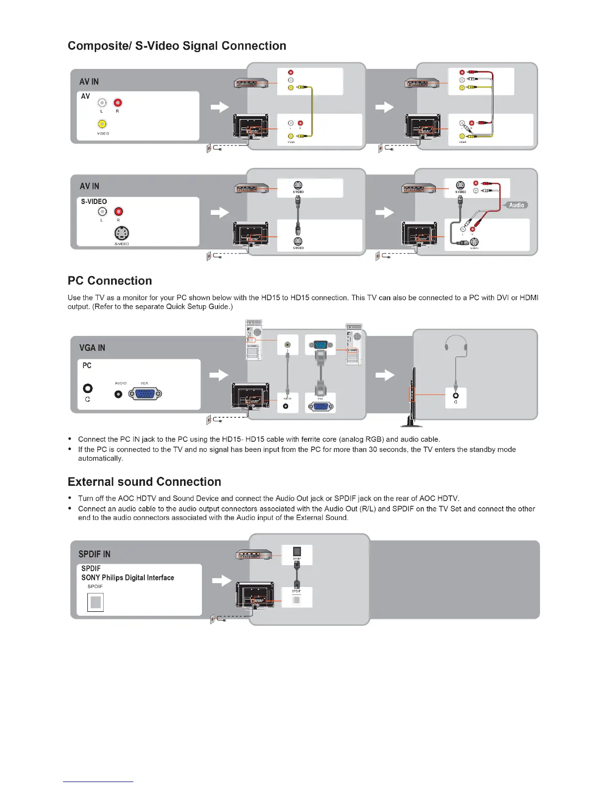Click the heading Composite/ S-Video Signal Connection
[x=177, y=46]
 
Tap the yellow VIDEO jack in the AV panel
[x=102, y=124]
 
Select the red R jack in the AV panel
[x=118, y=103]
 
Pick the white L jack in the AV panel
[x=102, y=103]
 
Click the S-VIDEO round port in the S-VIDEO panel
[x=121, y=233]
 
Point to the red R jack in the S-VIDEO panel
[x=118, y=212]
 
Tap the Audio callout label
[x=516, y=205]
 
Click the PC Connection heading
[x=110, y=281]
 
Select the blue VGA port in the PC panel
[x=145, y=394]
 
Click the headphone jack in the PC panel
[x=88, y=389]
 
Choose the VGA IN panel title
[x=92, y=348]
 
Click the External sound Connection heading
[x=144, y=482]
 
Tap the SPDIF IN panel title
[x=94, y=554]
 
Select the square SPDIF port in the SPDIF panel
[x=96, y=602]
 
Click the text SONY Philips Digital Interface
[x=127, y=578]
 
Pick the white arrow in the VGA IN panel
[x=219, y=375]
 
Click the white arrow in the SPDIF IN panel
[x=221, y=580]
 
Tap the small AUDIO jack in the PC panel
[x=119, y=394]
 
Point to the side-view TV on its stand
[x=412, y=397]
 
